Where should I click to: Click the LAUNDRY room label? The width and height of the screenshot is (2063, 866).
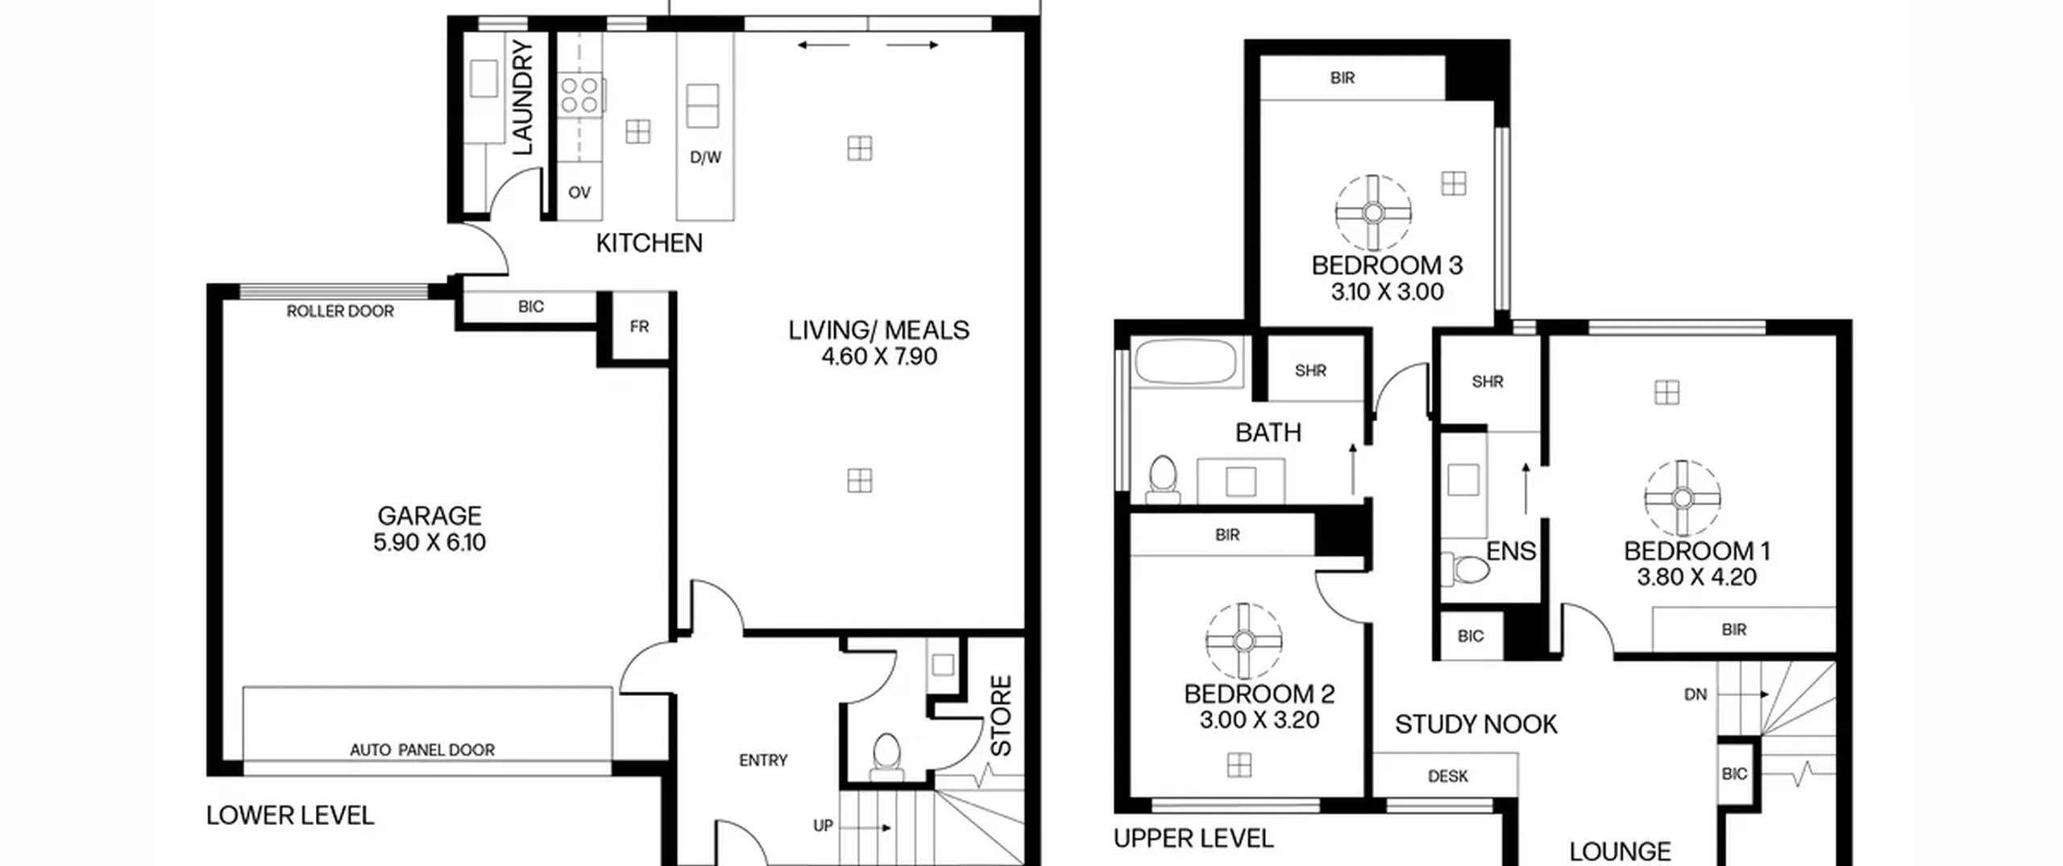click(523, 97)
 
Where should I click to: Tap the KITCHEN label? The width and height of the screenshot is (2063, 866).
click(649, 242)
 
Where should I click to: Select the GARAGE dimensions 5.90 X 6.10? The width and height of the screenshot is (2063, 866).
click(430, 542)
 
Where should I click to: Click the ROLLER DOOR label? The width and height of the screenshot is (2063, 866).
click(340, 311)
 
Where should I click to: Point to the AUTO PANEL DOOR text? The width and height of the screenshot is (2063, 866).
click(422, 750)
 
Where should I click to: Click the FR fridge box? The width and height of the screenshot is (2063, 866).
click(640, 326)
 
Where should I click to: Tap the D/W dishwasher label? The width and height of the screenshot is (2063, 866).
click(705, 158)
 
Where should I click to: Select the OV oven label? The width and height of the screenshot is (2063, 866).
click(579, 193)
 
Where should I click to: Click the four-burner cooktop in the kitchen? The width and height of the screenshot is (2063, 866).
click(580, 95)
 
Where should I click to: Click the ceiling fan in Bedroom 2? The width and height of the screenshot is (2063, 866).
click(1244, 641)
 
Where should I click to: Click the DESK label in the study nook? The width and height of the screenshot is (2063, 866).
click(1447, 777)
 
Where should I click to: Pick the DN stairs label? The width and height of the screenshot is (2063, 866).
click(1696, 694)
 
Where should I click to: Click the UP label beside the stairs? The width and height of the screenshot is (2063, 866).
click(823, 826)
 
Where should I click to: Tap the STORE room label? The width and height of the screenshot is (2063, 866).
click(1001, 716)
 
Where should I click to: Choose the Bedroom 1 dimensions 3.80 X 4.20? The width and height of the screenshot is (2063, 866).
click(1696, 577)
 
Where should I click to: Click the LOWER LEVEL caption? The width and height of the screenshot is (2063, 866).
click(290, 815)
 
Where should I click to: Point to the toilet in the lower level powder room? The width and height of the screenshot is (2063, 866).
click(886, 756)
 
